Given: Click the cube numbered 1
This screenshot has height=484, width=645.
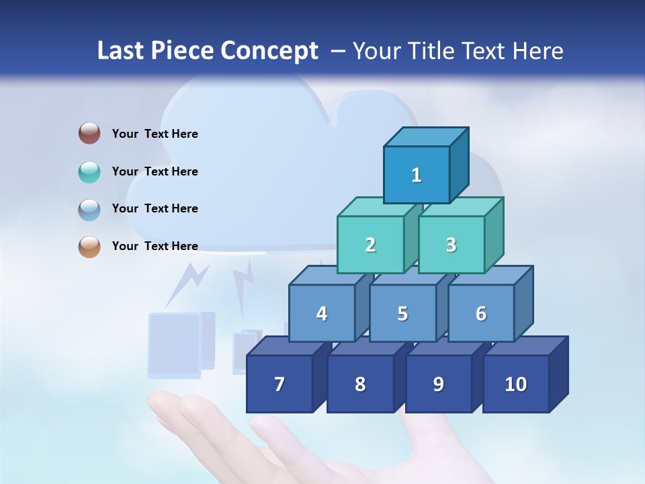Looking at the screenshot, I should tap(417, 175).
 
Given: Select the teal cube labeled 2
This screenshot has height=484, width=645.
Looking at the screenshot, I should tap(370, 245).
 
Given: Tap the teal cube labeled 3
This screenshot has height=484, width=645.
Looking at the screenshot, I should tap(451, 245).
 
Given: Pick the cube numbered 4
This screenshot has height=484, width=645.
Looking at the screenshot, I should tap(322, 313).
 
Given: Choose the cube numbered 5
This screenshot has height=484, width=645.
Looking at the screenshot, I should tap(402, 313).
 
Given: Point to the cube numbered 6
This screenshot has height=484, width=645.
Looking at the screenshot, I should tap(480, 313).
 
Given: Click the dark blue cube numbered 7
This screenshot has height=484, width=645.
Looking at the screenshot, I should tap(279, 384).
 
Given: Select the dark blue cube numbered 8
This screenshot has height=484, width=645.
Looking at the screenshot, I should tap(360, 384).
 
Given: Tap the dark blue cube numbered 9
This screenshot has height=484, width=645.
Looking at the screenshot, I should tap(438, 384).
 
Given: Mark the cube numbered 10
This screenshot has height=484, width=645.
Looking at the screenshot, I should tap(515, 384).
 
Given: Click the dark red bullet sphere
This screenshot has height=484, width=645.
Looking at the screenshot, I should tap(89, 134).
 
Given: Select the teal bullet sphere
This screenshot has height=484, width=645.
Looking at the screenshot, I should tap(89, 171).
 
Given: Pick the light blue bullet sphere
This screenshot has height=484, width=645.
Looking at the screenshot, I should tap(89, 209).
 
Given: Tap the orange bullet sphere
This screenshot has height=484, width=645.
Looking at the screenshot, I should tap(89, 246).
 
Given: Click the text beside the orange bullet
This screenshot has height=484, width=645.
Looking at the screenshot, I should tap(155, 246).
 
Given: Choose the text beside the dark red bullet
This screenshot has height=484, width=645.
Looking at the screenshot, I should tap(155, 134).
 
